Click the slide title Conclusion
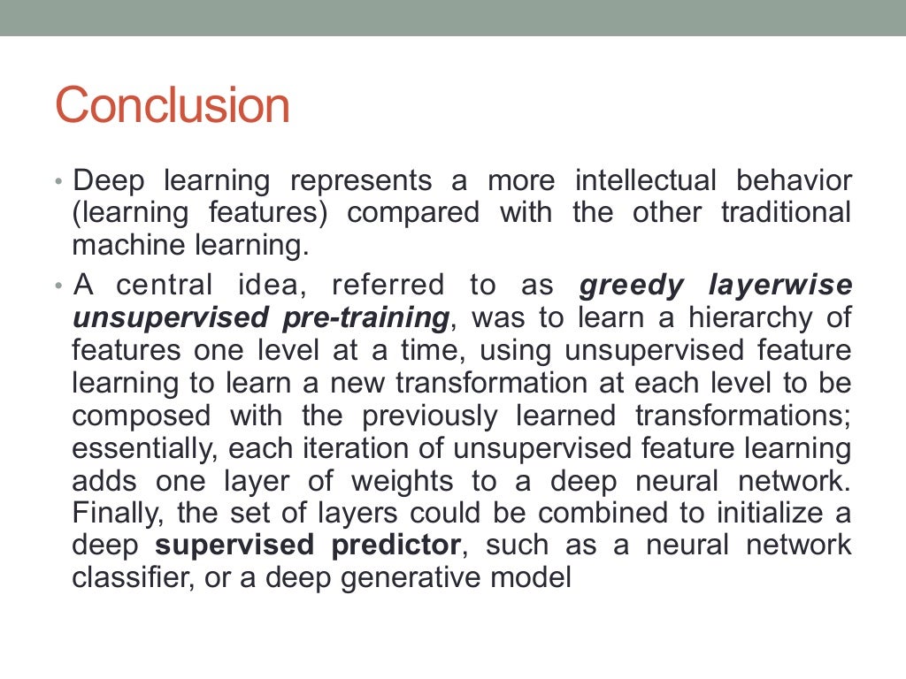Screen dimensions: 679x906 click(x=173, y=106)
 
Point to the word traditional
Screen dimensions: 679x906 click(x=786, y=213)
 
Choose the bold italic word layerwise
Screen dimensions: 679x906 click(x=780, y=286)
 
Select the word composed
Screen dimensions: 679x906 click(x=142, y=415)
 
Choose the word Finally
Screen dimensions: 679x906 click(x=119, y=512)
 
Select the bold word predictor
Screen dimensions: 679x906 click(x=396, y=545)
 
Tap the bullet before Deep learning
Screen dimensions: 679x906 click(x=58, y=182)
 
